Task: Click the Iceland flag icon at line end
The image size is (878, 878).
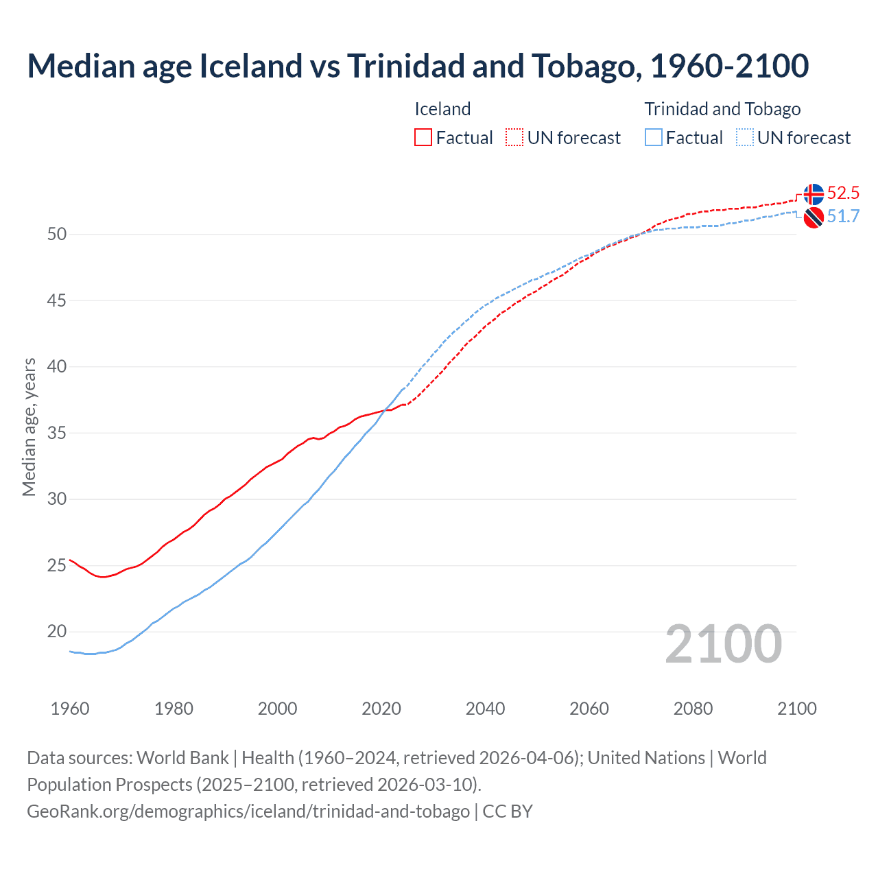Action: [x=814, y=194]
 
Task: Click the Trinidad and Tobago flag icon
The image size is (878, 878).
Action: [x=814, y=217]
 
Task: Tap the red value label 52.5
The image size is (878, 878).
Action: [x=843, y=193]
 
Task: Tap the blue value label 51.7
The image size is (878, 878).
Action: [x=843, y=217]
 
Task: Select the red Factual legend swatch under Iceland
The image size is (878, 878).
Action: [x=423, y=137]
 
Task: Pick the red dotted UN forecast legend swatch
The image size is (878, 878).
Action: [x=514, y=137]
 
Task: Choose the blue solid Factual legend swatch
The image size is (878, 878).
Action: [x=654, y=137]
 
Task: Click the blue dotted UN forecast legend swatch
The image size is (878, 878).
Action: [x=745, y=137]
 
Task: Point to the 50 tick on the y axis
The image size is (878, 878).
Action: [x=57, y=234]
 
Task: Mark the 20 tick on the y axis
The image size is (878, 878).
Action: [x=57, y=632]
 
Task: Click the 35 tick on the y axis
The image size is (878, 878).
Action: [x=57, y=433]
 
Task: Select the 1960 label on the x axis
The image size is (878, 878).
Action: [x=70, y=709]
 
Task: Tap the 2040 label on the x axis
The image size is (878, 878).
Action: [x=485, y=709]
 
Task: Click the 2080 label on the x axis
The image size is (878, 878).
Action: [x=693, y=709]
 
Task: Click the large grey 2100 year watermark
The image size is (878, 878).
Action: [x=724, y=644]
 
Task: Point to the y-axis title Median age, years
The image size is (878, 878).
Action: [x=29, y=427]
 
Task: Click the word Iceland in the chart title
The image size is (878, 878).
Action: [x=250, y=66]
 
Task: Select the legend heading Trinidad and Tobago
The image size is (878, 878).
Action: [x=722, y=109]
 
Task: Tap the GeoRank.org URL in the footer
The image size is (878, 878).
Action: [x=248, y=811]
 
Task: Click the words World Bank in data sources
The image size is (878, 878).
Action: [x=182, y=758]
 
